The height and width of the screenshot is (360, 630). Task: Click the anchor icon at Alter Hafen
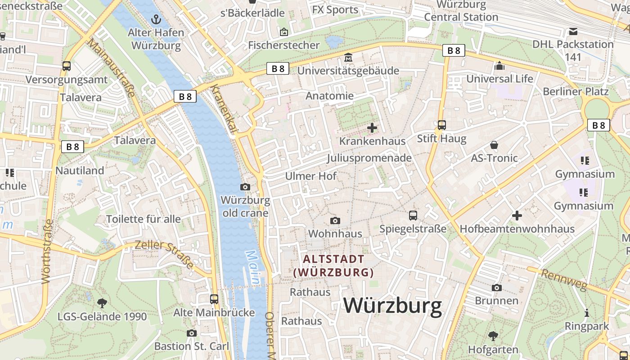(156, 19)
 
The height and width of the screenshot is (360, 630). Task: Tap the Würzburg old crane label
(246, 207)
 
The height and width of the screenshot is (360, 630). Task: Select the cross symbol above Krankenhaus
(372, 128)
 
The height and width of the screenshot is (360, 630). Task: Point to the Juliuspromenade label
(369, 158)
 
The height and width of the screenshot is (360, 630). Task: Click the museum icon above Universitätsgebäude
(348, 58)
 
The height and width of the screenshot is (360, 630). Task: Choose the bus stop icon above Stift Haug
(442, 125)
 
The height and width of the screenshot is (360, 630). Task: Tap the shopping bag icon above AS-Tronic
(494, 145)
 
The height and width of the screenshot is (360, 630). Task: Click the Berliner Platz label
(576, 91)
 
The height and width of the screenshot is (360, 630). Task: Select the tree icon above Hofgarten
(493, 336)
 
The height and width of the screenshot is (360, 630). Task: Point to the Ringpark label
(587, 326)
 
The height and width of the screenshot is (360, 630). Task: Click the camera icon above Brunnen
(497, 288)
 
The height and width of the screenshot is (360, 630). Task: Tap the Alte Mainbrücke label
(214, 312)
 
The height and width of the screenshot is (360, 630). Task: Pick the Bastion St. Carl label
(192, 346)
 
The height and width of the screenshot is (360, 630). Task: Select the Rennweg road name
(564, 279)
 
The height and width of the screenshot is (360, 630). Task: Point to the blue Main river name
(253, 268)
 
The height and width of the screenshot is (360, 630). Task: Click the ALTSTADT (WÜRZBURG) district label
(333, 265)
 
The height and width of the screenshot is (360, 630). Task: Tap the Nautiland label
(80, 171)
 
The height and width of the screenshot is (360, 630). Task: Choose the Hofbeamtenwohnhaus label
(517, 229)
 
